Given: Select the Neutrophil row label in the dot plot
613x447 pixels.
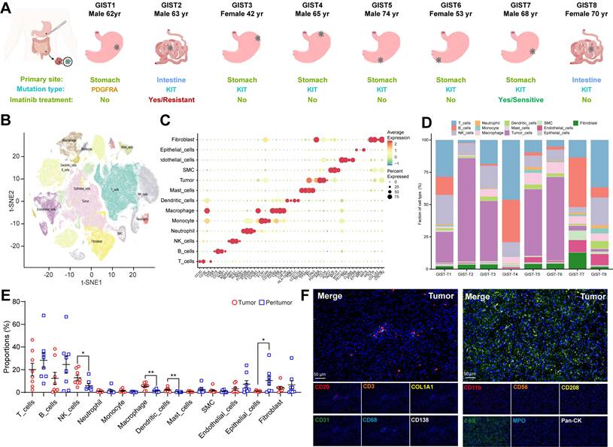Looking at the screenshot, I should (179, 231).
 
